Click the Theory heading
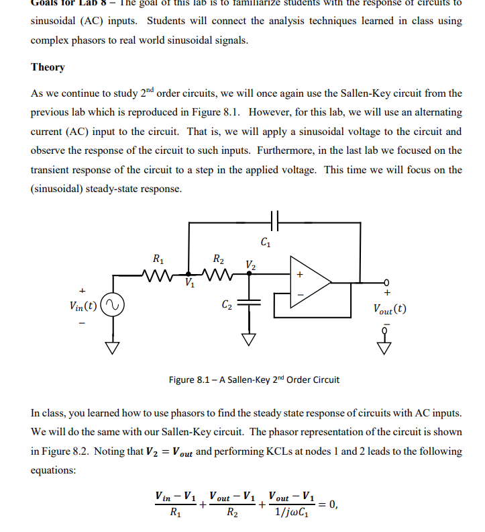48,67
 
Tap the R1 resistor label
156,257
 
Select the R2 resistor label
218,257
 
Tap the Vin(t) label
82,306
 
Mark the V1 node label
189,282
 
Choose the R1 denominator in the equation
175,515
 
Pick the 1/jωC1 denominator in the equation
292,515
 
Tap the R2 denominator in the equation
232,515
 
